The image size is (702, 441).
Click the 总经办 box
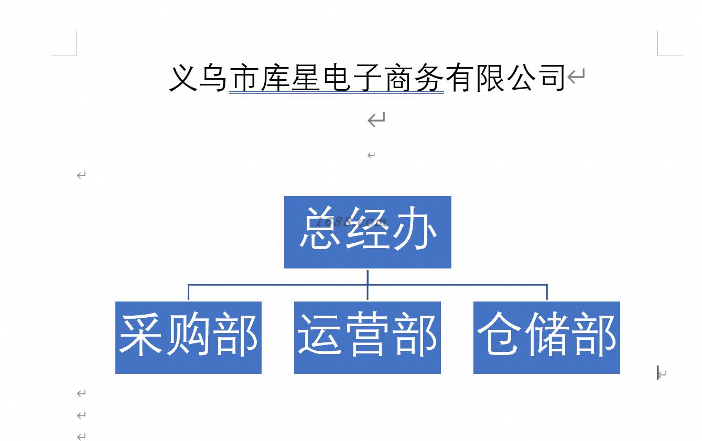pos(368,232)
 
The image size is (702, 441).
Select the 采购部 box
pos(188,338)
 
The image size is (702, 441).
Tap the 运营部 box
pos(368,338)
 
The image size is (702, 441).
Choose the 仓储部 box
pos(547,338)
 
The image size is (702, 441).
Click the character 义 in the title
pos(183,78)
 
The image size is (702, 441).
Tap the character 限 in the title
pos(490,78)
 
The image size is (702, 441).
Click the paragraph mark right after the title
pos(576,77)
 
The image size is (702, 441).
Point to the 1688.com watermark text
pos(351,222)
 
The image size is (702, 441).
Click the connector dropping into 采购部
pos(188,292)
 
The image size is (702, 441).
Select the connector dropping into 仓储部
pos(547,292)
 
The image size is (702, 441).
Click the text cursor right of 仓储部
pos(658,372)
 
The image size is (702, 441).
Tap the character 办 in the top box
pos(415,228)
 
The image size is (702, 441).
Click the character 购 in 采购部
pos(188,334)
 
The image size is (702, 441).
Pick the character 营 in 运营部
pos(368,334)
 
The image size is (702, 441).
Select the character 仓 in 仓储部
pos(499,334)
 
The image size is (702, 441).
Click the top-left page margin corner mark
pos(76,55)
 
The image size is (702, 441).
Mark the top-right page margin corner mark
pos(658,55)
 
